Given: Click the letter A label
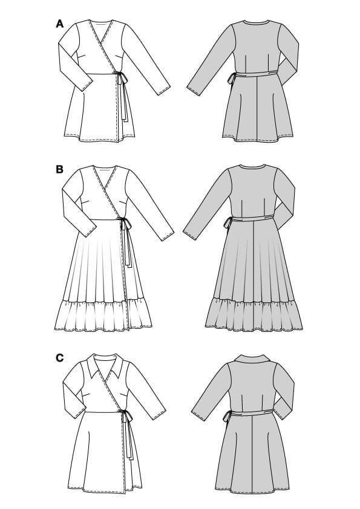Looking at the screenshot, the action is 59,24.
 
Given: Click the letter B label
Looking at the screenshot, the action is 59,169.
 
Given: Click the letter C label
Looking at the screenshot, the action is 59,358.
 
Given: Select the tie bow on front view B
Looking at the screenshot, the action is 125,224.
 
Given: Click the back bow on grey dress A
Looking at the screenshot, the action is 232,78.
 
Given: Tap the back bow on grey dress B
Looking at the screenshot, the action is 227,223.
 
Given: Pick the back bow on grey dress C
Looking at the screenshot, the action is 227,415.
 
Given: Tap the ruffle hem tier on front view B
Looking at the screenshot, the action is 103,315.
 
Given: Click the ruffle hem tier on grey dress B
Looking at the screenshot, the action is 254,314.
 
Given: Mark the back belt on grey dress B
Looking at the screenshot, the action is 254,220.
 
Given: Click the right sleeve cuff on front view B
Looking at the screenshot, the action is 168,234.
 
